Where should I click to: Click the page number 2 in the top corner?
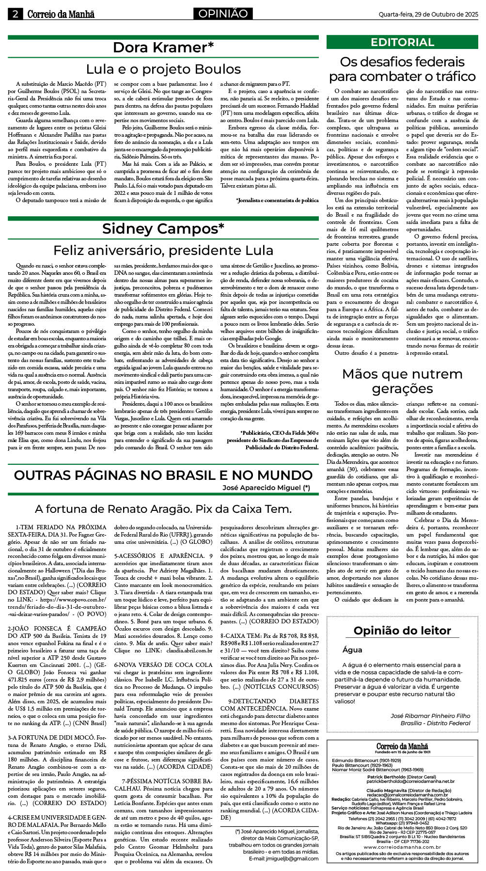(x=16, y=14)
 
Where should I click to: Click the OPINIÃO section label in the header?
(x=222, y=14)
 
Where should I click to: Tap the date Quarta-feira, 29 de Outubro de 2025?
(x=428, y=14)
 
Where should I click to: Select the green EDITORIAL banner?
(x=402, y=42)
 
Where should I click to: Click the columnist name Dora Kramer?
(x=163, y=48)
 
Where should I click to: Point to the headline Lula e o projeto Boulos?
(x=163, y=69)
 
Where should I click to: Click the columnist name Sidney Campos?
(x=163, y=228)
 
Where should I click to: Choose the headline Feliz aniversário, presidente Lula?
(x=163, y=250)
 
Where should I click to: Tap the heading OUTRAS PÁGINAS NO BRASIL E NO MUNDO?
(x=163, y=475)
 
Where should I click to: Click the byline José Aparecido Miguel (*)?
(x=266, y=488)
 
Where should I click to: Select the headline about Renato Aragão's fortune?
(x=163, y=508)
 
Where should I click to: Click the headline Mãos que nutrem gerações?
(x=402, y=381)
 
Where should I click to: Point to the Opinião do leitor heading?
(x=402, y=631)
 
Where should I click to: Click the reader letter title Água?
(x=352, y=649)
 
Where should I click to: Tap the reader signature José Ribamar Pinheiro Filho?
(x=430, y=715)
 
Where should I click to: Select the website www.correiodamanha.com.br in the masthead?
(x=402, y=847)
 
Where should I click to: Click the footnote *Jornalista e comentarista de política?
(x=277, y=200)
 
